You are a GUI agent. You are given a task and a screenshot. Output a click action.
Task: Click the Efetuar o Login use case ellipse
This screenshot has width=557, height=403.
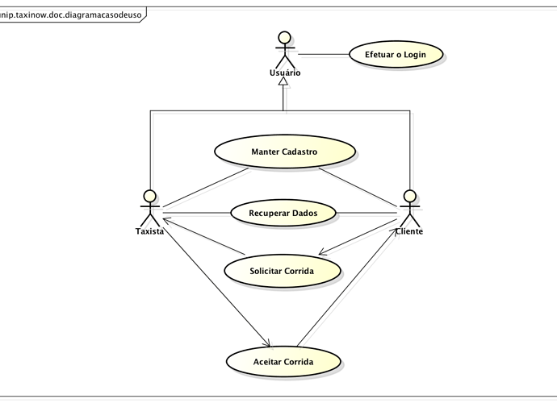[x=396, y=54]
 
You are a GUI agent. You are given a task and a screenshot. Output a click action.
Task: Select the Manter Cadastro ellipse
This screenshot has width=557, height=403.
[x=285, y=152]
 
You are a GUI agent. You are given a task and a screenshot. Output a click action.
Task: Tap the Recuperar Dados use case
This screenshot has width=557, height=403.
[x=283, y=213]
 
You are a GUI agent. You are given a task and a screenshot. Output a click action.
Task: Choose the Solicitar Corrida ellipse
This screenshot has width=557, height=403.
[x=283, y=271]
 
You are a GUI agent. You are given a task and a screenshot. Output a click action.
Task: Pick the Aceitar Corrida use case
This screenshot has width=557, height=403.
[x=283, y=362]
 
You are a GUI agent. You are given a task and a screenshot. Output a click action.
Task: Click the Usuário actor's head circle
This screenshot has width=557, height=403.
[x=284, y=38]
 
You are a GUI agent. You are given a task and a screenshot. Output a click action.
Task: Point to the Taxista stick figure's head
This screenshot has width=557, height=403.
[x=150, y=196]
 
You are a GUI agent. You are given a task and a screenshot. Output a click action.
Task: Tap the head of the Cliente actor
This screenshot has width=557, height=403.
[x=410, y=196]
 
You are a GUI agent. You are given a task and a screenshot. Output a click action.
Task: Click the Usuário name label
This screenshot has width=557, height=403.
[x=285, y=73]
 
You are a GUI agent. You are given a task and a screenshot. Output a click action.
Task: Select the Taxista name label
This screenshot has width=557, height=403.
[x=149, y=231]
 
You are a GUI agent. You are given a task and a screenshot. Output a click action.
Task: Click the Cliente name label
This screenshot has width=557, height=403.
[x=409, y=231]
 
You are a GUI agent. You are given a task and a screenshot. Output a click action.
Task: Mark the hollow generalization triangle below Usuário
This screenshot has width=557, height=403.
[x=283, y=81]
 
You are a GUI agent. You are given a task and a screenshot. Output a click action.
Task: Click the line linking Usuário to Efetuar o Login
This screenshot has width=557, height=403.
[x=324, y=55]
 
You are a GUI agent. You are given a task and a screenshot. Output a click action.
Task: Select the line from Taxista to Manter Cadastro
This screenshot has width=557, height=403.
[x=206, y=187]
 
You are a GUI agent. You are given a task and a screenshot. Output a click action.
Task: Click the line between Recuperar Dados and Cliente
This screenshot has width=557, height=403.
[x=366, y=213]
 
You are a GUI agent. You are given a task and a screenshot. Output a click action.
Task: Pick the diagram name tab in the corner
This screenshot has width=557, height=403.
[x=71, y=15]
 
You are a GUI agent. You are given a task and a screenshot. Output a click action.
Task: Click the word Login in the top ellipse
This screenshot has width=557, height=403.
[x=415, y=55]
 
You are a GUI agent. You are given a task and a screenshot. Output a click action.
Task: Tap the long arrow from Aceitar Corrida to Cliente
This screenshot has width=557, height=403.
[x=346, y=288]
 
